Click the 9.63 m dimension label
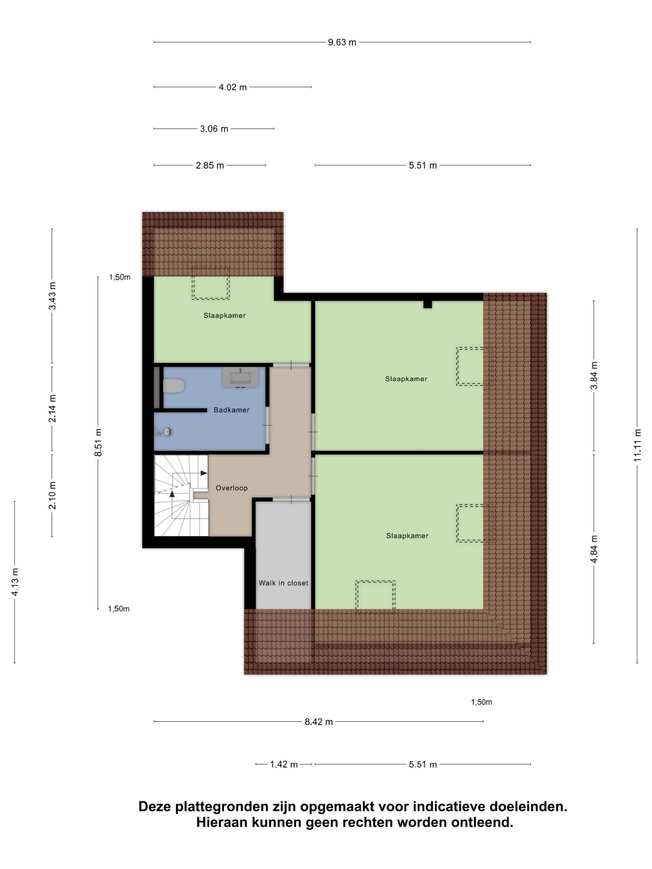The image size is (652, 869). point(342,42)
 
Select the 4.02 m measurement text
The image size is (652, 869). point(233,87)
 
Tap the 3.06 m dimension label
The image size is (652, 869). point(214,129)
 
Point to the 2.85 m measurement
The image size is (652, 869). point(210,165)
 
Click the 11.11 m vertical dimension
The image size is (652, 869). point(637,445)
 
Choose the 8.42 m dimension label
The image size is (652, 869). point(319,722)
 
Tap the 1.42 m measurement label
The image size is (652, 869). point(284,764)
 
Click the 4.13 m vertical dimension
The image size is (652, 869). point(15,582)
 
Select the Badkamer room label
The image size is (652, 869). point(231,410)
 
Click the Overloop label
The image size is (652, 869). point(232,488)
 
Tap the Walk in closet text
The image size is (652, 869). point(283,583)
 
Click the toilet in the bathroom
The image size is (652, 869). point(174,386)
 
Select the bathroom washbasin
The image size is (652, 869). point(240,377)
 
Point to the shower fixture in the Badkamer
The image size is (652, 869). point(163,432)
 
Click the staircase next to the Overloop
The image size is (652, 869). point(182,495)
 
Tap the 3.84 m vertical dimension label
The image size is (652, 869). point(594,375)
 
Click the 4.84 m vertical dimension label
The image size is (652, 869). point(594,549)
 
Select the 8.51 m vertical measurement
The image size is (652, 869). point(98,442)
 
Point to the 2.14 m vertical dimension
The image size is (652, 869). point(52,408)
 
